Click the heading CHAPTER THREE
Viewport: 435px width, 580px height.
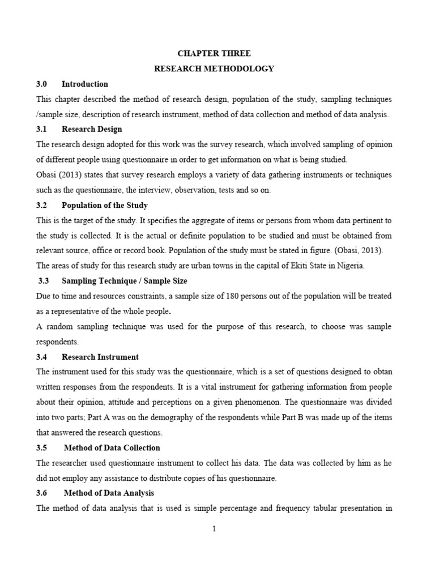(214, 53)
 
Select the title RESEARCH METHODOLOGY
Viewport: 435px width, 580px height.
(214, 69)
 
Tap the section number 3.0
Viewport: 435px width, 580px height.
(42, 84)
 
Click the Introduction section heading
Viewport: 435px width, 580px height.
(84, 84)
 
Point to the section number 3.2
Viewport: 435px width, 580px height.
(42, 205)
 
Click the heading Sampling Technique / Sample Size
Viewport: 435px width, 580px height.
(124, 281)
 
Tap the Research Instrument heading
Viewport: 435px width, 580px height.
(100, 357)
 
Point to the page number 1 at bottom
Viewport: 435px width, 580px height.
(214, 529)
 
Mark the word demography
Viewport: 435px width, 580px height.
(207, 417)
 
